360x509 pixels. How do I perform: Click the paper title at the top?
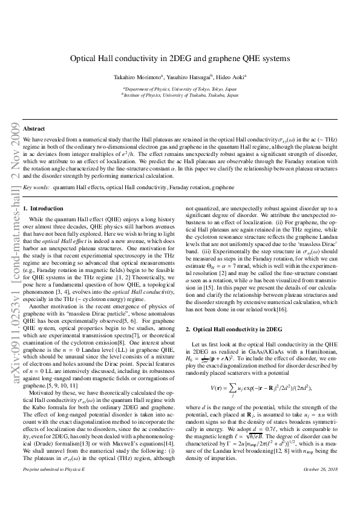pos(180,60)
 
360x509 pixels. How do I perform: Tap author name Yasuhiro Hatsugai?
pos(185,78)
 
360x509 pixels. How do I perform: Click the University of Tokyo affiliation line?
pos(180,88)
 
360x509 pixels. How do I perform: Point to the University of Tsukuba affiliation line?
pos(180,95)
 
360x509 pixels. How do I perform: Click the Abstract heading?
pos(34,129)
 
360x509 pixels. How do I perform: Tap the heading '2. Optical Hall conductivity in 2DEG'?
pos(234,329)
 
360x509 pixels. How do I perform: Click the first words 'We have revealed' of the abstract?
pos(42,138)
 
